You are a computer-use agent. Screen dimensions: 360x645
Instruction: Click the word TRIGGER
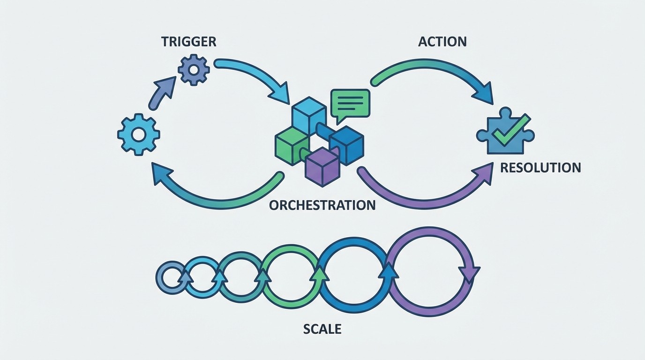pyautogui.click(x=189, y=41)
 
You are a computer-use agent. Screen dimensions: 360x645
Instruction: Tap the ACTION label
pyautogui.click(x=442, y=41)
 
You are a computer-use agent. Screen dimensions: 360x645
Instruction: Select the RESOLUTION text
pyautogui.click(x=540, y=167)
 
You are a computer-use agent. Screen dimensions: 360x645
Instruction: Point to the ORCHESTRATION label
pyautogui.click(x=322, y=205)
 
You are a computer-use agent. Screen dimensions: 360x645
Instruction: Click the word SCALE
pyautogui.click(x=322, y=329)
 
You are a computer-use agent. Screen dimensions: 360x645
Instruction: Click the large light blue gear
pyautogui.click(x=139, y=135)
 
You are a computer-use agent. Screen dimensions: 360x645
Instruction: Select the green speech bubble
pyautogui.click(x=350, y=103)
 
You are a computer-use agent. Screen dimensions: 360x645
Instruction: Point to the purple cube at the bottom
pyautogui.click(x=322, y=166)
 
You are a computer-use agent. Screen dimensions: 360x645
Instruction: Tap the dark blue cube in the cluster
pyautogui.click(x=347, y=144)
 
